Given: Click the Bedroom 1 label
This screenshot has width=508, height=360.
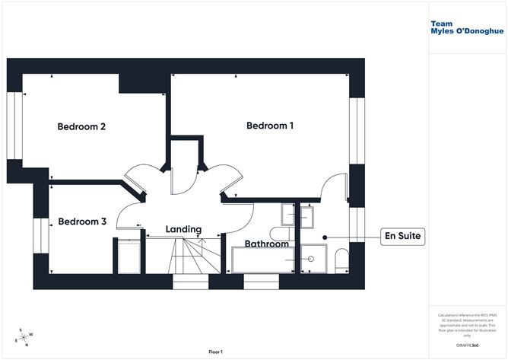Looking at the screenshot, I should (x=270, y=126).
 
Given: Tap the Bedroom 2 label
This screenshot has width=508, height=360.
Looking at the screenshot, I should (x=81, y=126).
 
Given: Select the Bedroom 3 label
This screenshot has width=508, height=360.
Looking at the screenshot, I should (x=82, y=221).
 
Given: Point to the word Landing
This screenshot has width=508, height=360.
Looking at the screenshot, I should (x=183, y=229).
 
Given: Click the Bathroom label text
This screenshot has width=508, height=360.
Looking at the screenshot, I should (x=265, y=244).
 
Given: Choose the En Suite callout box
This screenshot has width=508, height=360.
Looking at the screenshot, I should (x=402, y=237).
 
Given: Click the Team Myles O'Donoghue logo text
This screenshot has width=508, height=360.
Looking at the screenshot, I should (x=462, y=28).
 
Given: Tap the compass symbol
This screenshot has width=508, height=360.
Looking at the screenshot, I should (x=24, y=337).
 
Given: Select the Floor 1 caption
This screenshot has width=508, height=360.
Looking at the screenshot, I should (x=216, y=352).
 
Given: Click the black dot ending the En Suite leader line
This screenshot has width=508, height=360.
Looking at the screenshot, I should (x=325, y=237).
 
